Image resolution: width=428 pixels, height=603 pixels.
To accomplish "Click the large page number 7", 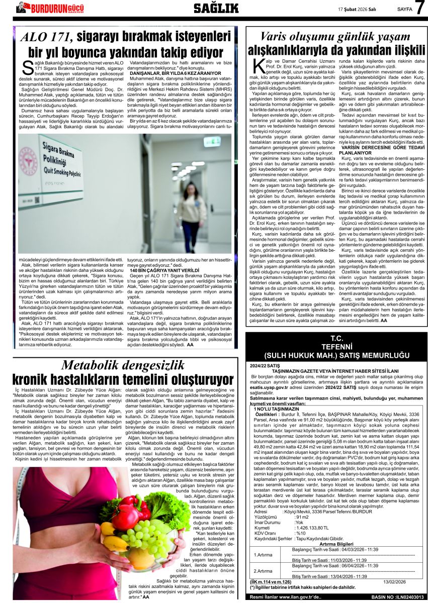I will point(420,8).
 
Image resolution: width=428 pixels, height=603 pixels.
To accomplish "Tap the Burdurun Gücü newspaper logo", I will point(50,8).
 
